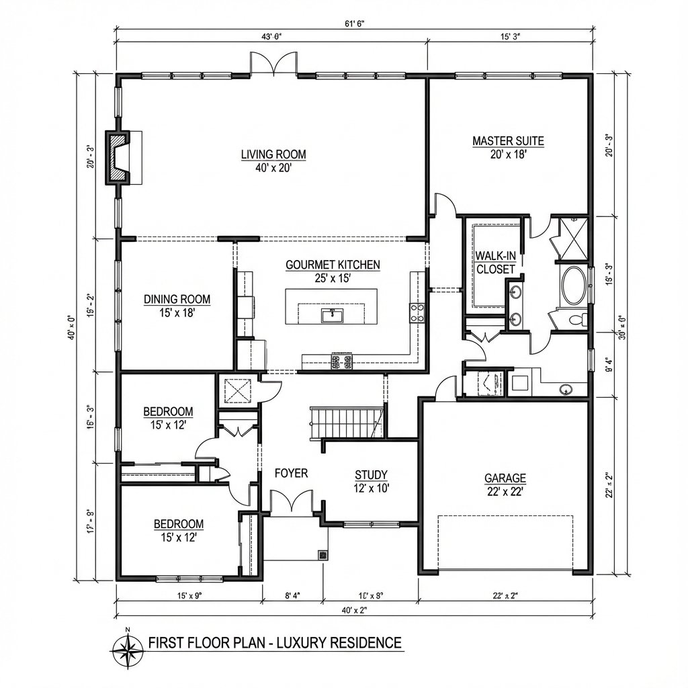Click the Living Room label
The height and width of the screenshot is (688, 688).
(273, 155)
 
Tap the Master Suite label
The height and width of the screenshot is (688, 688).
(508, 141)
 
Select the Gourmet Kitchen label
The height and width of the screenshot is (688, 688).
(333, 265)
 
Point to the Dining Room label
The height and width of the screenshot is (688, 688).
(177, 300)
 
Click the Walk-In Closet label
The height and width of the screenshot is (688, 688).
(495, 262)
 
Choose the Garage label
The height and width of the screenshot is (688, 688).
(505, 478)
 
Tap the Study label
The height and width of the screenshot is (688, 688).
(371, 475)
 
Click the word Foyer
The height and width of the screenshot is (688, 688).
(291, 473)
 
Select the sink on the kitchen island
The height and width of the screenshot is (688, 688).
(329, 314)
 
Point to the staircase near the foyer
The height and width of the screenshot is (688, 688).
(345, 422)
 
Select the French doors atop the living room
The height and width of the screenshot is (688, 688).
(273, 64)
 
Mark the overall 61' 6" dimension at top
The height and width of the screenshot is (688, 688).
(354, 24)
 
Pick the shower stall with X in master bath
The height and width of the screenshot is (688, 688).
(570, 239)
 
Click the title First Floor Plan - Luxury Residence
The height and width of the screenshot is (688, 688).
(275, 642)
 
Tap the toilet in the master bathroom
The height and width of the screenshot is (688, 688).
(577, 319)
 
